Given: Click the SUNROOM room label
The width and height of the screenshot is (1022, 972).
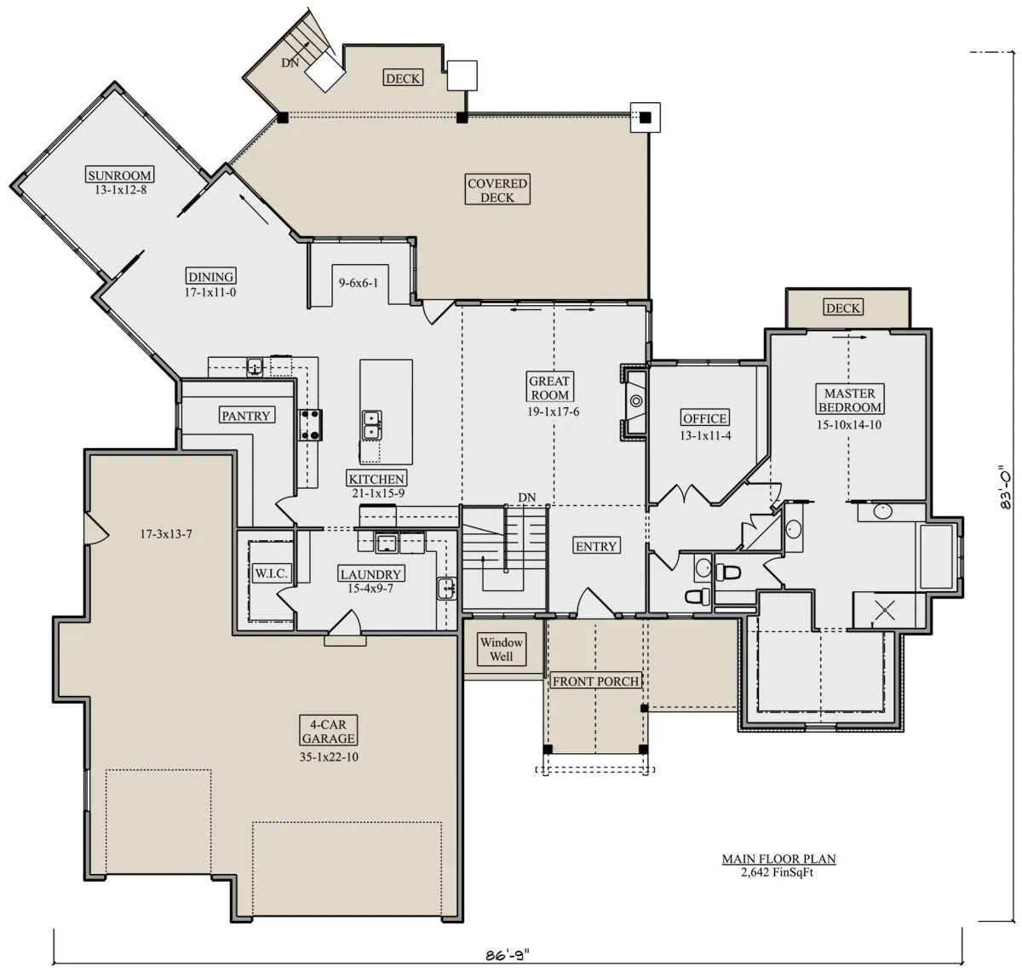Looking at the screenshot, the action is click(119, 175).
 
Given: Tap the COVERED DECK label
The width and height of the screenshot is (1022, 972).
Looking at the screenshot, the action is click(497, 190).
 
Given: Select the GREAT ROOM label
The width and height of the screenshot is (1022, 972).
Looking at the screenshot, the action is click(549, 388).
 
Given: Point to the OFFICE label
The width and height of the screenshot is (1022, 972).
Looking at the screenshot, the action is click(705, 418).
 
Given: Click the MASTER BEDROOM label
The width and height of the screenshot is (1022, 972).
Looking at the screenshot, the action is click(849, 400).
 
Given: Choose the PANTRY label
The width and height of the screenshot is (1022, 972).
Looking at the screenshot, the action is click(246, 416).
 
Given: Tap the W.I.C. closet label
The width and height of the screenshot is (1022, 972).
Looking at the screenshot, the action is click(270, 573).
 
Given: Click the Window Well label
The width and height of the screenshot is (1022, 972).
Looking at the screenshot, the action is click(501, 649).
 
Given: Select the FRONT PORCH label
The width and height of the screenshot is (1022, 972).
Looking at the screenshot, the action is click(595, 681).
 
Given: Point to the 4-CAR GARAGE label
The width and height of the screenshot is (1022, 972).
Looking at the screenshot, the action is click(329, 731).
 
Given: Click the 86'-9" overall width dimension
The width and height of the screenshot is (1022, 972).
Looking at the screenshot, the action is click(508, 955).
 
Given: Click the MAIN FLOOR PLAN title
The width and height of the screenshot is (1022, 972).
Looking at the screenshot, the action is click(778, 859).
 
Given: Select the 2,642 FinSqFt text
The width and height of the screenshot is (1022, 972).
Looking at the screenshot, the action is click(777, 872).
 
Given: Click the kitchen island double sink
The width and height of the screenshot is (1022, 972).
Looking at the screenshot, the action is click(371, 425).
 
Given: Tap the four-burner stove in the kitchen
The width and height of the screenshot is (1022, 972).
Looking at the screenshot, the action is click(310, 425).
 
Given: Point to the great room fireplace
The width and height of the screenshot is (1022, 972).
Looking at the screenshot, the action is click(634, 402).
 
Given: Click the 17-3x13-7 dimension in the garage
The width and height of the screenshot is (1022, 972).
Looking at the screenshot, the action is click(166, 533).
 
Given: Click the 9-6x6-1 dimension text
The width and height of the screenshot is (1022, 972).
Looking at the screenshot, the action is click(359, 282).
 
